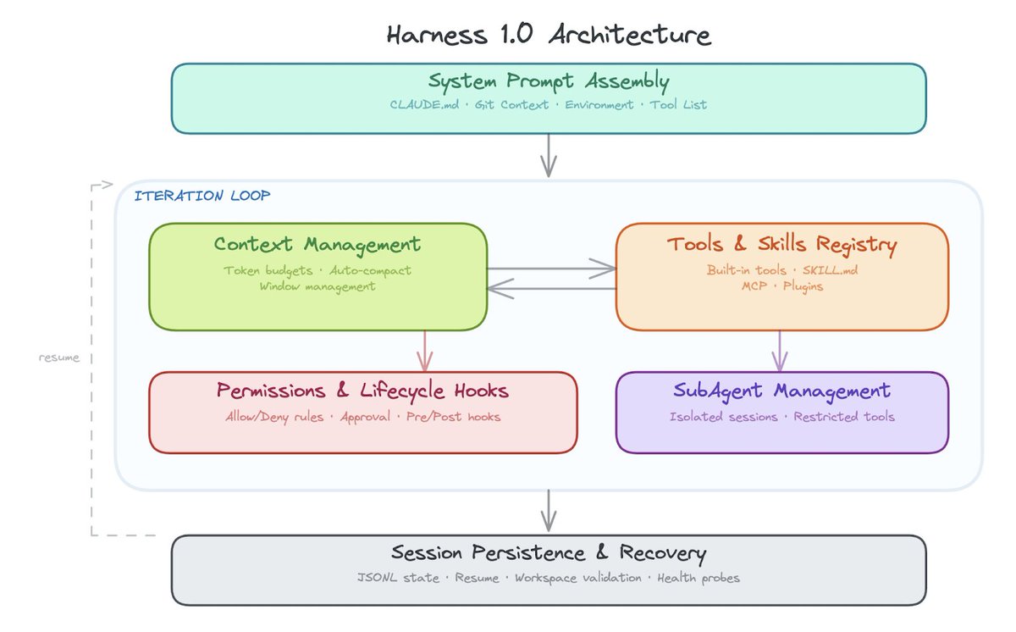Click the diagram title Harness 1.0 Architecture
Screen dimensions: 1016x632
(549, 35)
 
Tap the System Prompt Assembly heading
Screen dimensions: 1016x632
(549, 81)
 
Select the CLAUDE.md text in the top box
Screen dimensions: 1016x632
(424, 105)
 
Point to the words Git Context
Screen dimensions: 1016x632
(511, 105)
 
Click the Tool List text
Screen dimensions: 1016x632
(678, 105)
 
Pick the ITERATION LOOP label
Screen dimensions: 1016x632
(202, 196)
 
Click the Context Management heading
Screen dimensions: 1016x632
(317, 245)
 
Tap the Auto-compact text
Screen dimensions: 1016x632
(370, 271)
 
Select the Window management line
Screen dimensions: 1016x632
(317, 286)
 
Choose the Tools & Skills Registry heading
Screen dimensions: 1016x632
(782, 245)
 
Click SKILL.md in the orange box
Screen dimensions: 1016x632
(830, 270)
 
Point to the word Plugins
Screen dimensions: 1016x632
(803, 286)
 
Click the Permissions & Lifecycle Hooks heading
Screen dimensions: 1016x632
(362, 391)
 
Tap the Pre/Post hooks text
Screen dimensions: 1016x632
(453, 417)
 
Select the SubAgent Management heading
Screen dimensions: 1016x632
(781, 391)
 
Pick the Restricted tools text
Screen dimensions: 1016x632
(843, 417)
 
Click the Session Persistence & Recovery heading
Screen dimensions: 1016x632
(549, 553)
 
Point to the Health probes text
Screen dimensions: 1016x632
(698, 578)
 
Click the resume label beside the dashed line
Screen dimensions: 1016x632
(59, 358)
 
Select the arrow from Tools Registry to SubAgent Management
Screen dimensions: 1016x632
(779, 352)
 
